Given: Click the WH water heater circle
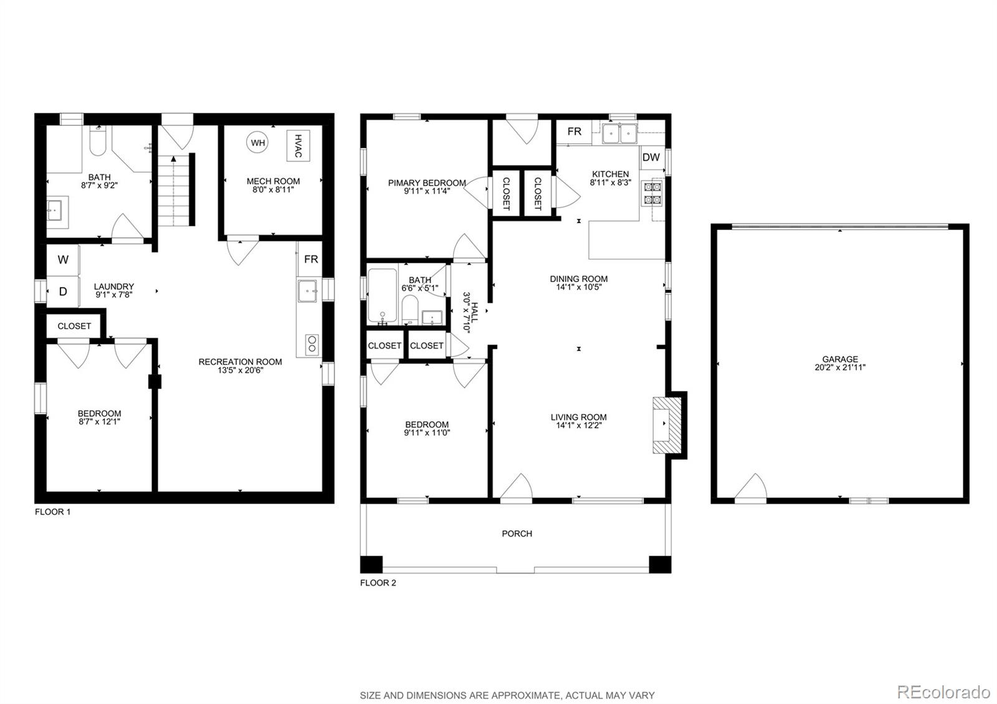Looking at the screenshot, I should [x=257, y=143].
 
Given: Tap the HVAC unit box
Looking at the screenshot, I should [x=298, y=146].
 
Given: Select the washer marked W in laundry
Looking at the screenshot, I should [x=63, y=260].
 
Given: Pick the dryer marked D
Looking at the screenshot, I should [x=63, y=292].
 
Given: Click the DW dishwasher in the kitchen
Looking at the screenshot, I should [x=651, y=158].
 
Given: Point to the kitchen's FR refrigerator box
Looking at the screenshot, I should [x=574, y=131].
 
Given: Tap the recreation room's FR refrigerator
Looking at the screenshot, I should [x=310, y=259].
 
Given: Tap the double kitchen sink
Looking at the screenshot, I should [x=619, y=133].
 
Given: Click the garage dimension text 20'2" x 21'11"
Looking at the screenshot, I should [x=839, y=367].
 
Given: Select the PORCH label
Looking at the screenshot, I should [x=517, y=533].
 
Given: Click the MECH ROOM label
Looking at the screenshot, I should [x=273, y=181].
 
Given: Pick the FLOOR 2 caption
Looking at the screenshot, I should [x=378, y=583].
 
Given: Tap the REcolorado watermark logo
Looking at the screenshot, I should [x=943, y=692].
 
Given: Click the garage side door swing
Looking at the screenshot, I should [x=751, y=488].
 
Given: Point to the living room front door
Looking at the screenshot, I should [x=517, y=488].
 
